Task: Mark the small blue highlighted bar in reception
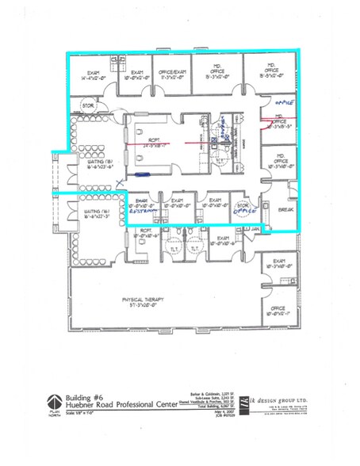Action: click(x=143, y=174)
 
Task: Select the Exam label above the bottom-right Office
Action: click(x=278, y=263)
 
